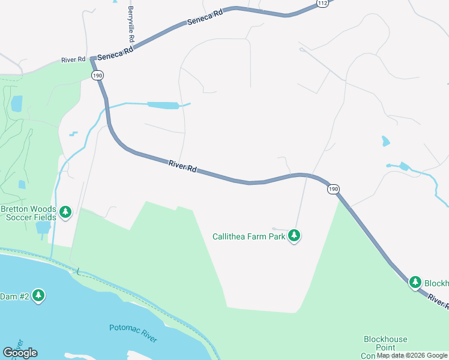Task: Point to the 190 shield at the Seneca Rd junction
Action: (98, 74)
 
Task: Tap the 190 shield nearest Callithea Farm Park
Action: (333, 189)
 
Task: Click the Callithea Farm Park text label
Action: (249, 236)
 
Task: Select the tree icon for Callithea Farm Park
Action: (294, 236)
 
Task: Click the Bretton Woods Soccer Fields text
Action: (28, 213)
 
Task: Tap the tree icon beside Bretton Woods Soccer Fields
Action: (65, 212)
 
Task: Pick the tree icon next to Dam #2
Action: (38, 295)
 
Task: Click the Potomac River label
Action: (133, 333)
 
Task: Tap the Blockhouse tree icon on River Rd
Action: (415, 282)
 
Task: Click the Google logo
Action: (20, 353)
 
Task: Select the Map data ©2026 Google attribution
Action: (412, 355)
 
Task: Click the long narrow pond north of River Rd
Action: (163, 106)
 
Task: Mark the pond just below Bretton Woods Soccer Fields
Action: (43, 227)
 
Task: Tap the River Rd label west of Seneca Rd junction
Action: (73, 60)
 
